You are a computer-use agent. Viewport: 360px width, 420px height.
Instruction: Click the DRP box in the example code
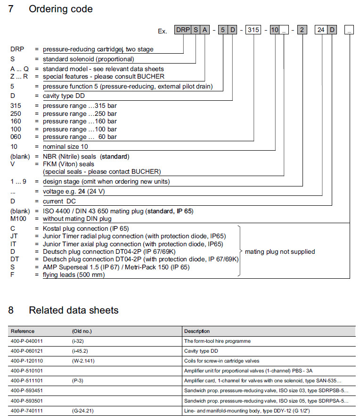(183, 30)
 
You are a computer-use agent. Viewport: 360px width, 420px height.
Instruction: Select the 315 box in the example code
(254, 30)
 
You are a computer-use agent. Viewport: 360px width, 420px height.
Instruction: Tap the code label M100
(18, 219)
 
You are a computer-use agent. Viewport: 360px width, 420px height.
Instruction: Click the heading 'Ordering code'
(61, 9)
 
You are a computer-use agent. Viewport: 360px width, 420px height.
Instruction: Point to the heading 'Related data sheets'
(74, 310)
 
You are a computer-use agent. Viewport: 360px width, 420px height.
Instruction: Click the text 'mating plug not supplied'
(280, 251)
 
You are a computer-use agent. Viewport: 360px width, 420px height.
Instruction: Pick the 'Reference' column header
(23, 331)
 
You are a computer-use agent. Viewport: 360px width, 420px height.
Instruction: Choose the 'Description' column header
(197, 331)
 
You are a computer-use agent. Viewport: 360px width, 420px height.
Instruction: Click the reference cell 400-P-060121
(27, 351)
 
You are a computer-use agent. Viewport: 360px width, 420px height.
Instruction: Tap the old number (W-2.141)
(83, 361)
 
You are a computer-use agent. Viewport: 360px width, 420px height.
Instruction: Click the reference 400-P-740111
(27, 410)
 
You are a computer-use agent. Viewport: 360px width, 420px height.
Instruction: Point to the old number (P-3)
(78, 380)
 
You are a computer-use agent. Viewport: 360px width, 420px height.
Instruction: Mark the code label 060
(16, 137)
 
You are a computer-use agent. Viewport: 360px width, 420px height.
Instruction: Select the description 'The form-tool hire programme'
(217, 341)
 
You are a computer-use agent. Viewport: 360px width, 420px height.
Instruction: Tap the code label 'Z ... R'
(20, 76)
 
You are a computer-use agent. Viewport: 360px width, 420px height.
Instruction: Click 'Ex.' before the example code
(163, 31)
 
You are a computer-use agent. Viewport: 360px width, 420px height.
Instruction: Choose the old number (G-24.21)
(83, 410)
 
